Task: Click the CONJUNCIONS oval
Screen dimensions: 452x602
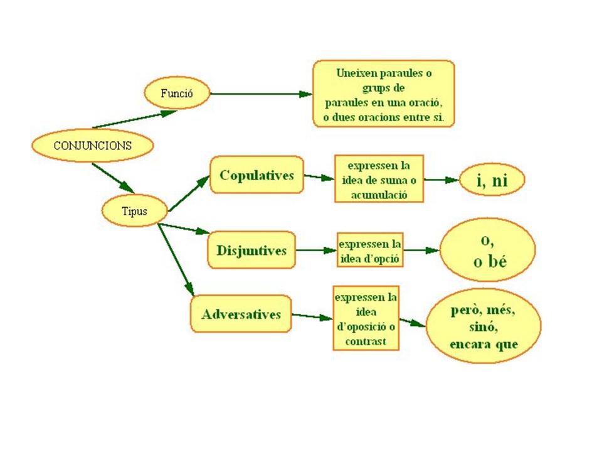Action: coord(92,145)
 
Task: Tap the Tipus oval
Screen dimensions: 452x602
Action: coord(134,211)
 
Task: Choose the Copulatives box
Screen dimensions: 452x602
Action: coord(256,175)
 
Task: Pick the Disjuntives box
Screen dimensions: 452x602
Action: coord(251,250)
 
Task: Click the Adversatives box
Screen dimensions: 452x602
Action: coord(241,314)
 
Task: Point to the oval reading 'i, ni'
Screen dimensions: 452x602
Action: coord(492,181)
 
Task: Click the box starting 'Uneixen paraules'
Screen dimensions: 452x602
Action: coord(384,94)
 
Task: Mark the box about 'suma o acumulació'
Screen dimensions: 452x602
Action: coord(379,179)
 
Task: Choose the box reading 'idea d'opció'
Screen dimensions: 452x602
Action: coord(370,250)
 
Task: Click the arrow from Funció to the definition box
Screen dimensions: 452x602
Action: coord(260,94)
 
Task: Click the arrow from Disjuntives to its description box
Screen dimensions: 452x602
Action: coord(316,250)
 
